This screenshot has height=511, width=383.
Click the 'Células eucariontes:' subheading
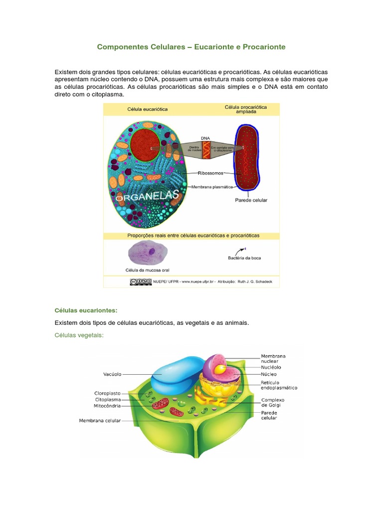coord(86,310)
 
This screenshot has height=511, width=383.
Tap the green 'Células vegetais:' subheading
coord(79,335)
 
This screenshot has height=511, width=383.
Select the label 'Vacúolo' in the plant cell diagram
coord(112,374)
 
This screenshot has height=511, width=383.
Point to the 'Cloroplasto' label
coord(108,393)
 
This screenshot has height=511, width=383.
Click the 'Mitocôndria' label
coord(107,406)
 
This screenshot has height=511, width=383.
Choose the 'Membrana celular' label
coord(100,421)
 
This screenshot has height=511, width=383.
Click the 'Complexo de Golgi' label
coord(272,402)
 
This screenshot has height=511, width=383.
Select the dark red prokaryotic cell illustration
coord(247,157)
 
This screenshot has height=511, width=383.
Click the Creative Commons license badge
coord(141,282)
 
